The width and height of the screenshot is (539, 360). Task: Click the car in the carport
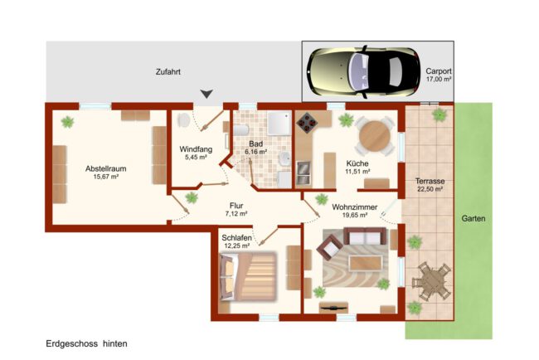[364, 72]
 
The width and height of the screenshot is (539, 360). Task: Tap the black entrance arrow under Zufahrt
[206, 94]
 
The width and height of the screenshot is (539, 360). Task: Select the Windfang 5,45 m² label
[196, 153]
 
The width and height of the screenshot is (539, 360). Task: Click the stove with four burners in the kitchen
[307, 122]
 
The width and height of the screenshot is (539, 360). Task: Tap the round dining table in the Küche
[374, 136]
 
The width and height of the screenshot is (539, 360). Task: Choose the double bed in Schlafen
[248, 276]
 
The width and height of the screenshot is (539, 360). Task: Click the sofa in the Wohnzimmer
[365, 236]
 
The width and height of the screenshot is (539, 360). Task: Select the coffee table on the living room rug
[366, 263]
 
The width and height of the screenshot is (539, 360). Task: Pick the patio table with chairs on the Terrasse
[432, 281]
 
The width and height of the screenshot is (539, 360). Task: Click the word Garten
[473, 218]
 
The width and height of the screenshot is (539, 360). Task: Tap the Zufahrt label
[168, 72]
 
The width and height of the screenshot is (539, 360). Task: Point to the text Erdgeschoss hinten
[86, 343]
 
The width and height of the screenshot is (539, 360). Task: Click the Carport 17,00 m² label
[439, 75]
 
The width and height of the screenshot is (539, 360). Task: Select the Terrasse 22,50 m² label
[430, 185]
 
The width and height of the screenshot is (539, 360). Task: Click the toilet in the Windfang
[183, 120]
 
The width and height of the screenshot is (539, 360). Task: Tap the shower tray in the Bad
[279, 123]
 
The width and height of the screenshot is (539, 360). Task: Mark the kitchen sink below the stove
[303, 173]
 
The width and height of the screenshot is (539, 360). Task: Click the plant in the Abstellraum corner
[67, 122]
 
